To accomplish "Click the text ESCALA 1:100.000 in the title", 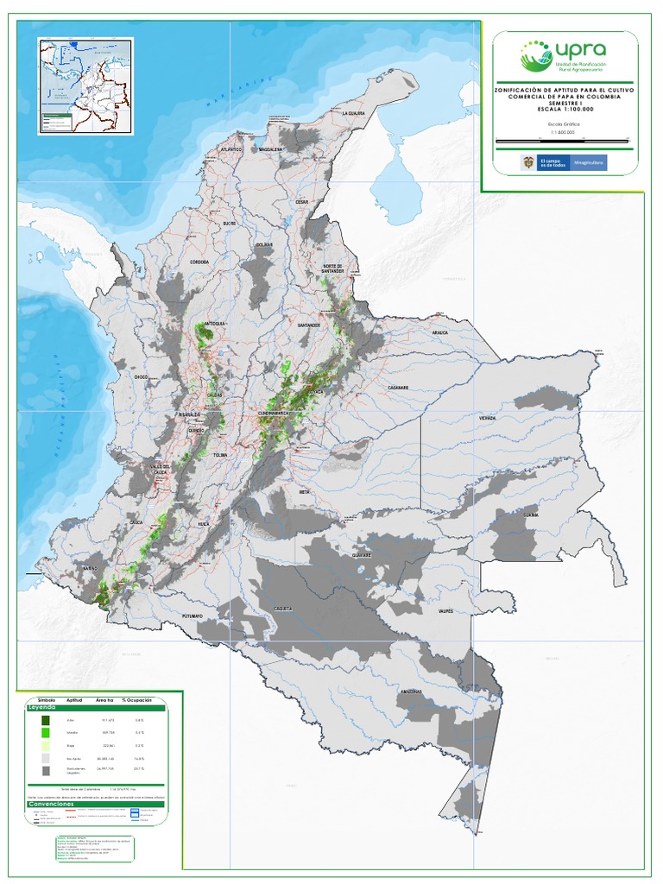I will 564,108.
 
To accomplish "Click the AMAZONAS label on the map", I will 410,691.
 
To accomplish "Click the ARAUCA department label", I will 441,331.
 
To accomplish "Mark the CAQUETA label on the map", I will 283,609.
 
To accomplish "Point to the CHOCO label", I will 142,377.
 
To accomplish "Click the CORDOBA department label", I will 199,262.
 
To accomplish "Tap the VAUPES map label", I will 445,610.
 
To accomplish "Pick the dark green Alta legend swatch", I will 46,720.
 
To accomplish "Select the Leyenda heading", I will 42,706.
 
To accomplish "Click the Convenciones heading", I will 51,803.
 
